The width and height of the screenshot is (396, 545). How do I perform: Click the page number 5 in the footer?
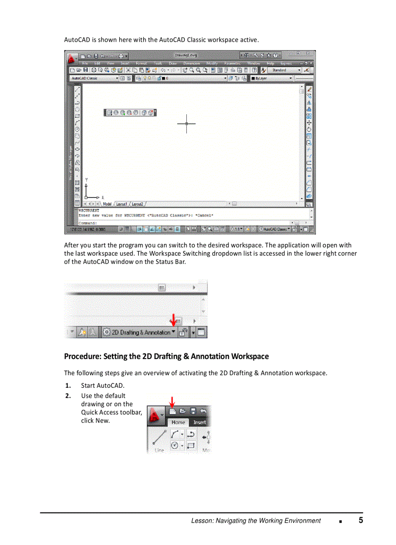[x=361, y=520]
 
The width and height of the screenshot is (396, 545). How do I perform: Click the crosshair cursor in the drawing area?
[x=186, y=124]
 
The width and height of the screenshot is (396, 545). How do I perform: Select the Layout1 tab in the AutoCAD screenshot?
[x=121, y=204]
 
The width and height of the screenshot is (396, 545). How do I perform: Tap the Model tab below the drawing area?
[x=107, y=204]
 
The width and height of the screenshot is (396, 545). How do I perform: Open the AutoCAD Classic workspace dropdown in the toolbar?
[x=94, y=78]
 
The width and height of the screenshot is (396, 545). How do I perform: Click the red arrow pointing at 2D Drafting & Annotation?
[x=173, y=320]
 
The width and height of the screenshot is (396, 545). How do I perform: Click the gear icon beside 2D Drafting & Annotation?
[x=106, y=332]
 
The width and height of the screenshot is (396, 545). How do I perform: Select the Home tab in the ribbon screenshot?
[x=178, y=422]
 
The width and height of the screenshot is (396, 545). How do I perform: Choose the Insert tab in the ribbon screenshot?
[x=199, y=422]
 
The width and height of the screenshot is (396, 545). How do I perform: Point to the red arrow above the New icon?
[x=172, y=401]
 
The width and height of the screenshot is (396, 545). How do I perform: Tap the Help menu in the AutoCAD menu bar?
[x=270, y=63]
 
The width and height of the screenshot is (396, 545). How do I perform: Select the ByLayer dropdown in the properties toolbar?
[x=272, y=78]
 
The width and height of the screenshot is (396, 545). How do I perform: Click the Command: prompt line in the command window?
[x=88, y=223]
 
